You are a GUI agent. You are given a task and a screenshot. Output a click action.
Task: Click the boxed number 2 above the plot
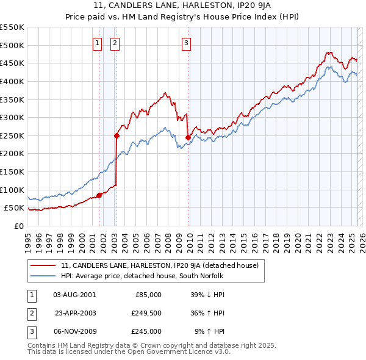point(115,43)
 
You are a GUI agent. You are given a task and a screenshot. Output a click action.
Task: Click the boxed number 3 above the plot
point(186,43)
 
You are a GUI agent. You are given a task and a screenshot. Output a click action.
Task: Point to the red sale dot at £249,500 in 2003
point(116,136)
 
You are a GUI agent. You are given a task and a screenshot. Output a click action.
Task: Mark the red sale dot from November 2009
point(187,137)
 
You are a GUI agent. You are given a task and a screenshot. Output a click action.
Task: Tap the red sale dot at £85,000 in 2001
point(99,195)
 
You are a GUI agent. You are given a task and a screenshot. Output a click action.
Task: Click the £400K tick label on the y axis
point(12,81)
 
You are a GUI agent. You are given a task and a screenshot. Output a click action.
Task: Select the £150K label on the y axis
point(12,171)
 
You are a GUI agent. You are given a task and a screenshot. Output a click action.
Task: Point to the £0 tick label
point(18,226)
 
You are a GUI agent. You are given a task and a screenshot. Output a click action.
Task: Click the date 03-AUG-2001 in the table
point(74,294)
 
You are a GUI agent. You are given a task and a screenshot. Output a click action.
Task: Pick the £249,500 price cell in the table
point(146,313)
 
